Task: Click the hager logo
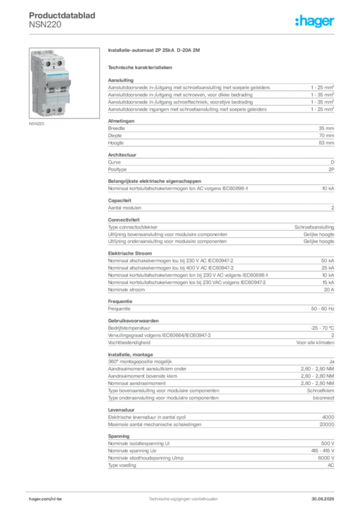click(314, 21)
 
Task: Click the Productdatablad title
click(62, 15)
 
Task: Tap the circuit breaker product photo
click(64, 83)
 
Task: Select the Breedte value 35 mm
click(326, 128)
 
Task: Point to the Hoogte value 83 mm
click(326, 143)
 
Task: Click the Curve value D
click(333, 162)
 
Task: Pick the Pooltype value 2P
click(331, 170)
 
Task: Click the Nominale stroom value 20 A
click(329, 290)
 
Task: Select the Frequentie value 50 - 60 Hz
click(322, 309)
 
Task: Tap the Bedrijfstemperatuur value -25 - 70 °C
click(322, 328)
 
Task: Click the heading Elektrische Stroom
click(130, 253)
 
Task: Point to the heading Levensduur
click(121, 410)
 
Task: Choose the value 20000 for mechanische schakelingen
click(327, 424)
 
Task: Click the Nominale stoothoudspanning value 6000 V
click(326, 458)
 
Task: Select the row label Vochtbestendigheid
click(129, 342)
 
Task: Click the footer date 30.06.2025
click(323, 499)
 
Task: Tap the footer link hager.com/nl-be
click(45, 499)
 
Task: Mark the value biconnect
click(323, 398)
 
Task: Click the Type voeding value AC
click(331, 465)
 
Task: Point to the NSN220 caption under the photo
click(36, 124)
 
